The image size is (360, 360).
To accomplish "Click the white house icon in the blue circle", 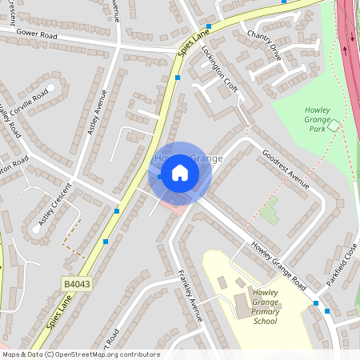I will (x=180, y=173).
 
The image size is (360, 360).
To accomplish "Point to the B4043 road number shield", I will (x=74, y=282).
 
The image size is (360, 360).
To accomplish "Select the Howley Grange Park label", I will (x=322, y=118).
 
